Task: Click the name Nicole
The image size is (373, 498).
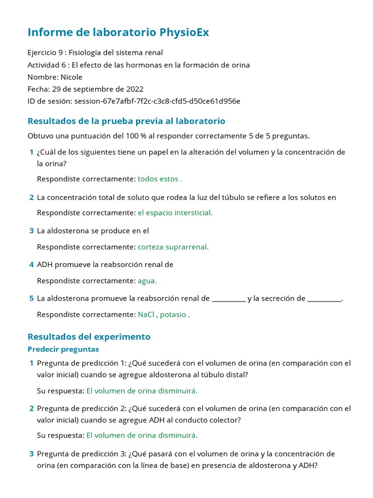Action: click(x=71, y=77)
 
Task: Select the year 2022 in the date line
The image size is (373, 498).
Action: click(x=134, y=89)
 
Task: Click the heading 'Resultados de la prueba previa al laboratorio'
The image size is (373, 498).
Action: click(x=126, y=121)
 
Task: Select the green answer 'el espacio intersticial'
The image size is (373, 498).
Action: click(x=175, y=213)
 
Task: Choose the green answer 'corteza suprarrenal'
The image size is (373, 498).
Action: click(x=173, y=247)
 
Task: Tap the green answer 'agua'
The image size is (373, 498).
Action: click(x=147, y=281)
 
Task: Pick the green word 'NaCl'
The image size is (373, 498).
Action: click(x=146, y=315)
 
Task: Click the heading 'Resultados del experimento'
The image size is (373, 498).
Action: click(x=89, y=337)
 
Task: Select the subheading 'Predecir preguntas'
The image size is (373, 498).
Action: click(x=63, y=349)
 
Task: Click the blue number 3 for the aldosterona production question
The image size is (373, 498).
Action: click(x=32, y=231)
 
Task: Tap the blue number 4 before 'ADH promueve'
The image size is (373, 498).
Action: click(x=32, y=265)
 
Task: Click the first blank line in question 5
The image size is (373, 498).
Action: click(x=229, y=299)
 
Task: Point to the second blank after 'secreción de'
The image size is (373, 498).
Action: click(x=324, y=299)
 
